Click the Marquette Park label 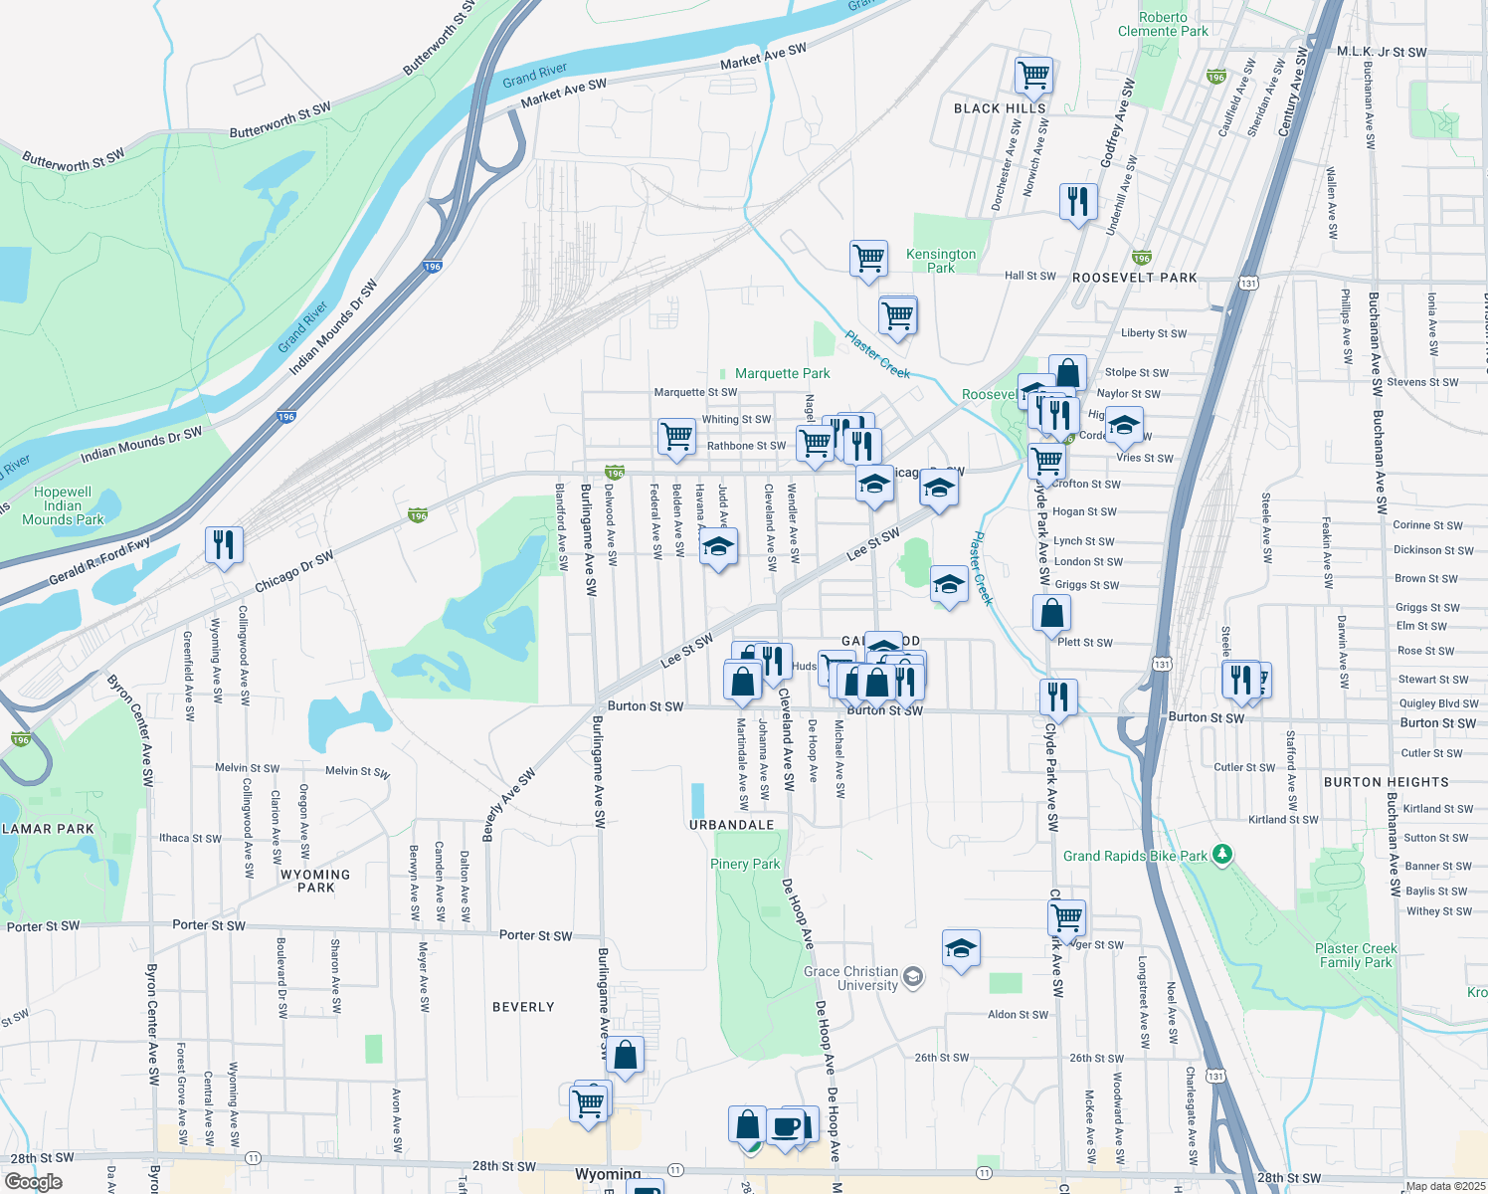(x=782, y=373)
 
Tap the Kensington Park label (x=941, y=261)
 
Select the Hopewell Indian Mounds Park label (x=63, y=505)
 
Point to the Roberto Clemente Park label (x=1163, y=24)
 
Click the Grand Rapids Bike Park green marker (x=1223, y=855)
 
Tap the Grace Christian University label (x=851, y=978)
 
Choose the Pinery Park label (x=745, y=864)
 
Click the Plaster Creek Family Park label (x=1356, y=955)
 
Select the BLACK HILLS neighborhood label (x=1000, y=108)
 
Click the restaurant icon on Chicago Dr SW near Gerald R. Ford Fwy (x=224, y=544)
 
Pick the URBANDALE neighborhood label (x=732, y=825)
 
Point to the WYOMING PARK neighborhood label (x=315, y=881)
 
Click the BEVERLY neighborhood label (x=523, y=1007)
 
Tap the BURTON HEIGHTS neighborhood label (x=1386, y=782)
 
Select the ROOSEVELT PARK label (x=1134, y=278)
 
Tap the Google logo (x=33, y=1182)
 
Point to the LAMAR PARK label (x=48, y=829)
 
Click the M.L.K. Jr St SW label (x=1381, y=52)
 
